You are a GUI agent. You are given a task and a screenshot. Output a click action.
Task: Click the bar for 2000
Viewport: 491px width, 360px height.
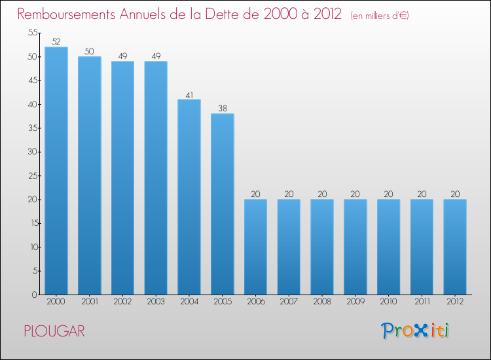(56, 170)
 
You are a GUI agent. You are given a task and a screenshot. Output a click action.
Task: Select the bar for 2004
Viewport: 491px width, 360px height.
(189, 196)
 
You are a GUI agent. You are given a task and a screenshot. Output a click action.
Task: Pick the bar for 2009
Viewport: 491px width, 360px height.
(355, 247)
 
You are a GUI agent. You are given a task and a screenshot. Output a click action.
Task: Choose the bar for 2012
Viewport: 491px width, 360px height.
(455, 247)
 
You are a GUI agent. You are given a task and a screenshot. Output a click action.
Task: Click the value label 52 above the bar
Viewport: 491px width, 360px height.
(56, 42)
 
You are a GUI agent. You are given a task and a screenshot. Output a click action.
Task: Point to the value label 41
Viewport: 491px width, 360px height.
(189, 94)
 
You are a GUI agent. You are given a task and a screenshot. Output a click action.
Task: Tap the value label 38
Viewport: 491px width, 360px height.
(222, 109)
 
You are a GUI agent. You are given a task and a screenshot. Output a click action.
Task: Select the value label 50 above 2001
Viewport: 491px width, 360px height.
(89, 51)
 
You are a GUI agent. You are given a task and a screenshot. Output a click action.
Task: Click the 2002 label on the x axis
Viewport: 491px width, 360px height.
(122, 302)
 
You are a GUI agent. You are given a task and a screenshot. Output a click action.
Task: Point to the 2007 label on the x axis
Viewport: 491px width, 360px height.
(289, 302)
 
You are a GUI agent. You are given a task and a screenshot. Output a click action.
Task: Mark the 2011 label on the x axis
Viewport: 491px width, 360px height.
(422, 302)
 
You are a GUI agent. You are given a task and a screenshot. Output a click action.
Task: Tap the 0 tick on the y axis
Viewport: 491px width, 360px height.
(33, 295)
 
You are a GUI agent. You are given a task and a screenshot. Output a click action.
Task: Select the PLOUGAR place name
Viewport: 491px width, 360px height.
(54, 331)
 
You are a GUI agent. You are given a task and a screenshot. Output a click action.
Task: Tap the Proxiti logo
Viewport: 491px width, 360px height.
(416, 331)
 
